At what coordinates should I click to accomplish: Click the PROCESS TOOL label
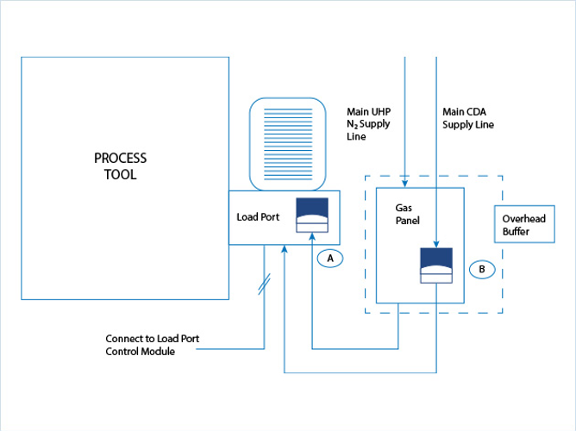coord(120,166)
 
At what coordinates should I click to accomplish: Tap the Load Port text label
coord(258,217)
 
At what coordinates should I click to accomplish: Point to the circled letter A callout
coord(330,258)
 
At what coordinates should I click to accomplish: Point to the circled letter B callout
coord(481,269)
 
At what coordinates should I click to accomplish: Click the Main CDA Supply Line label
coord(468,118)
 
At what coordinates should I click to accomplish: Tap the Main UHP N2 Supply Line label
coord(367,123)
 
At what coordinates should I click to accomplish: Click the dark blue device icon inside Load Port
coord(311,214)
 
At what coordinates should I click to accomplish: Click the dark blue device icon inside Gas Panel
coord(436,264)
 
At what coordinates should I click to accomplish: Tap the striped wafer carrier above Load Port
coord(287,143)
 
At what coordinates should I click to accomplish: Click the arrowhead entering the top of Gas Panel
coord(404,182)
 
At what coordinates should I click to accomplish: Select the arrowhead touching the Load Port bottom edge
coord(285,249)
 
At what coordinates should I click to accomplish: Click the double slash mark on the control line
coord(264,282)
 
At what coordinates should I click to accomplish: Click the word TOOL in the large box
coord(120,174)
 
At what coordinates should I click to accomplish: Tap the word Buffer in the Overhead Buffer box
coord(517,232)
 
